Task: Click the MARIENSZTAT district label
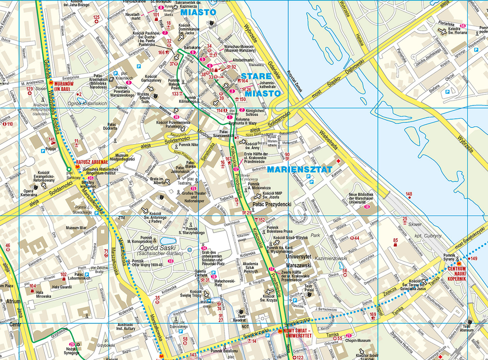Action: point(299,169)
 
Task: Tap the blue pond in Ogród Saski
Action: point(169,241)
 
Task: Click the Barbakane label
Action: point(192,48)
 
